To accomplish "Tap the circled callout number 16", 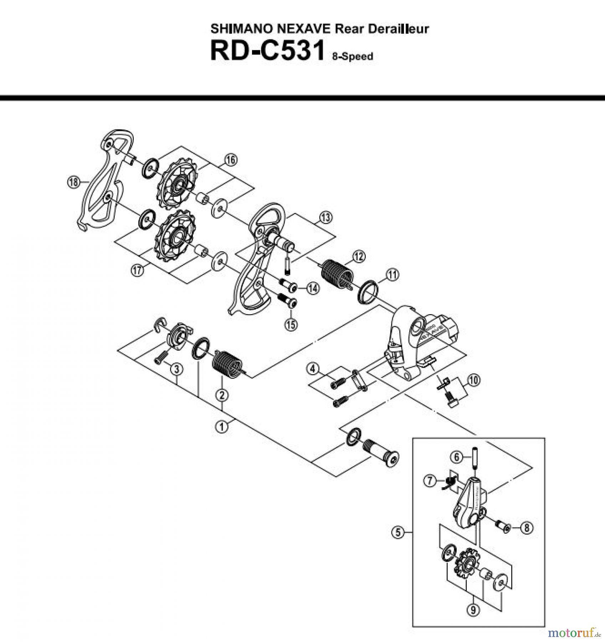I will click(231, 160).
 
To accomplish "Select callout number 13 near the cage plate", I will click(325, 217).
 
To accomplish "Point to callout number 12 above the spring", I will click(359, 256).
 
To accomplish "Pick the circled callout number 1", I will click(222, 426).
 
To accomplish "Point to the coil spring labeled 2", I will click(227, 363).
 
